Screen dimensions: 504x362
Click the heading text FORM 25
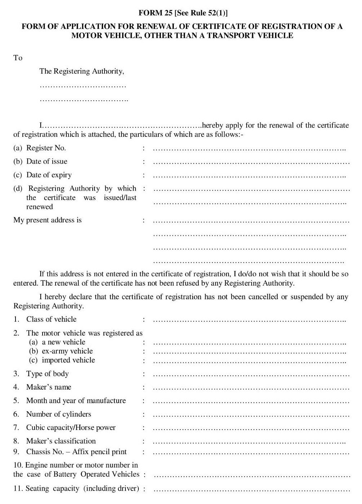[x=155, y=13]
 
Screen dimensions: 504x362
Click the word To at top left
[x=18, y=58]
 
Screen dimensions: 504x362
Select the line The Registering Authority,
[x=81, y=71]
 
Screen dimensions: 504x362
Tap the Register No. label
[x=46, y=148]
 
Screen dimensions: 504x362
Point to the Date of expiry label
[x=49, y=175]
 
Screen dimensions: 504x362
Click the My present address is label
[x=47, y=220]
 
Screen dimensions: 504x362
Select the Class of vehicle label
[x=51, y=320]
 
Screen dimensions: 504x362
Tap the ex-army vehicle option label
[x=67, y=351]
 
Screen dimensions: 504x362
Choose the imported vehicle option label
[x=68, y=360]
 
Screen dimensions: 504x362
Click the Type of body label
[x=47, y=374]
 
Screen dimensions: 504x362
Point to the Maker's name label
[x=49, y=387]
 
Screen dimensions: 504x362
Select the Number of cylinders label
[x=58, y=414]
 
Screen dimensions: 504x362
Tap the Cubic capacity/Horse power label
[x=71, y=428]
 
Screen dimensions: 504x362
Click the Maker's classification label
[x=61, y=441]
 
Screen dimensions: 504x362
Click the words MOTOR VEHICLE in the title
[x=105, y=35]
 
